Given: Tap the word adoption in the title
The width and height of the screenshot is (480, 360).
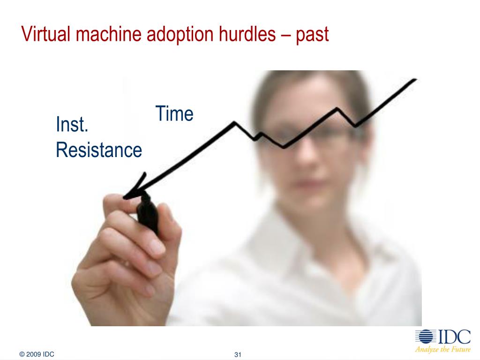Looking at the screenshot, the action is click(180, 35).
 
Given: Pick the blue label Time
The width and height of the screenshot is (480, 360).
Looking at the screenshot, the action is click(174, 113).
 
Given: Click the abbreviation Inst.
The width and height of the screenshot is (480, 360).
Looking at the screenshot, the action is click(72, 124).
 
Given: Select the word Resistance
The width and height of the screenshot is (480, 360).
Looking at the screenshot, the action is click(99, 150).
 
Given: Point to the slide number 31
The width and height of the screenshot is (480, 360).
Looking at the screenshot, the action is click(238, 354).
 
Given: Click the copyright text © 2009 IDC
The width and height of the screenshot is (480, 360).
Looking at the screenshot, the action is click(37, 354).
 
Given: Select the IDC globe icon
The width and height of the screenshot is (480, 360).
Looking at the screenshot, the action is click(426, 337).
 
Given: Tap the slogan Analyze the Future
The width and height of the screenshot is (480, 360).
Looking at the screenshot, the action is click(443, 349).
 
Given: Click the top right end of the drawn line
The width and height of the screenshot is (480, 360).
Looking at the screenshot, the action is click(416, 79).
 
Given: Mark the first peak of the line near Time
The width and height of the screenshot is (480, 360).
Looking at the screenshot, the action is click(235, 122).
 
